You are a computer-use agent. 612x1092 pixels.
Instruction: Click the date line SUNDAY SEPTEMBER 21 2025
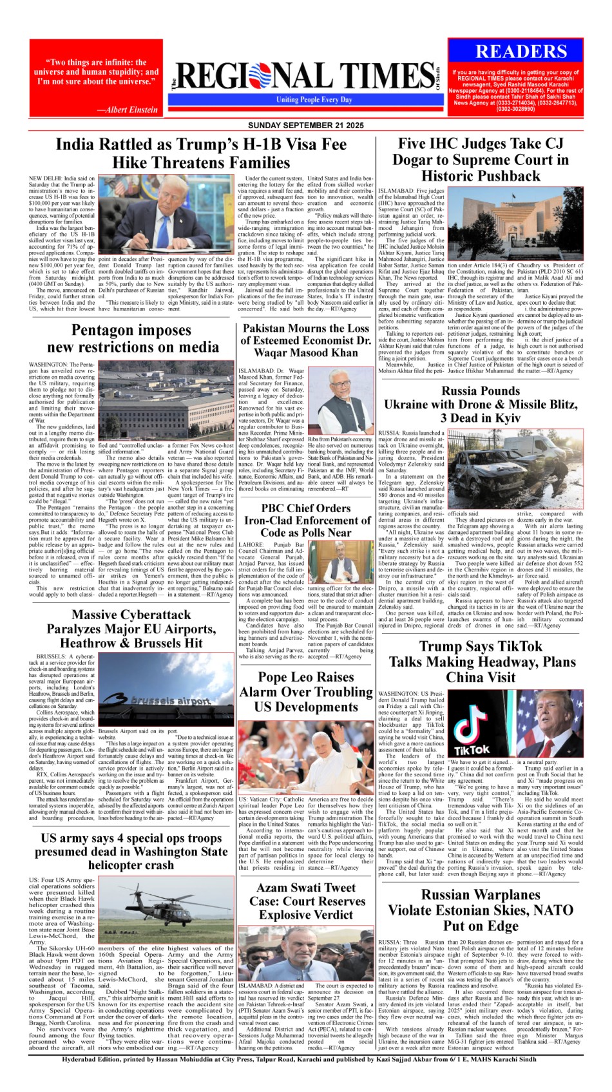click(306, 125)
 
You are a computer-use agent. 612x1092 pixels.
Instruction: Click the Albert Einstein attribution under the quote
click(127, 110)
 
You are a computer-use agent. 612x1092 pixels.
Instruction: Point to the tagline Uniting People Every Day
click(314, 100)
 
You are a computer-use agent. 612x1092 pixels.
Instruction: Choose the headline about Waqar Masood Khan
click(306, 340)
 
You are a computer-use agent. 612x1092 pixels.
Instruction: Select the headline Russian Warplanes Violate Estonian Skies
click(481, 910)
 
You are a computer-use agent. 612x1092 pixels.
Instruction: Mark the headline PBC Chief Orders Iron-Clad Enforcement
click(306, 520)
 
